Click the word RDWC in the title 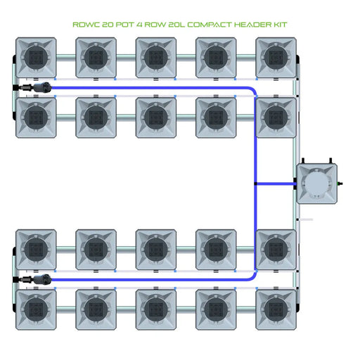86,24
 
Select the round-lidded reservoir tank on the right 316,184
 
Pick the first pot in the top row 35,58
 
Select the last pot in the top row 275,58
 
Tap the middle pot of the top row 155,58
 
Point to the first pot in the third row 35,249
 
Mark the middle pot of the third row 155,249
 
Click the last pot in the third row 275,249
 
